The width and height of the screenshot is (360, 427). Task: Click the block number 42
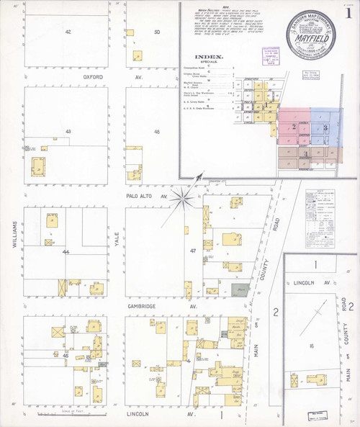click(x=68, y=32)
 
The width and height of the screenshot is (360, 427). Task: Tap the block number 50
click(x=156, y=32)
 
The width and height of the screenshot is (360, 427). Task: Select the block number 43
click(x=68, y=132)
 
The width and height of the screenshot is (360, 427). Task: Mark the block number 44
click(x=66, y=252)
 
